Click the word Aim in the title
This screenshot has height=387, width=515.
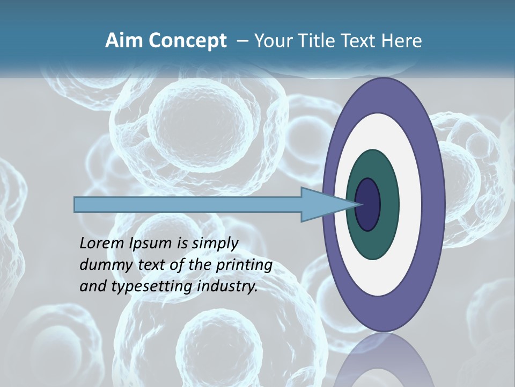[125, 41]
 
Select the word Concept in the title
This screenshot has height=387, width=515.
[188, 41]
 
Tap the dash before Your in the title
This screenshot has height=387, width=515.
[242, 41]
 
